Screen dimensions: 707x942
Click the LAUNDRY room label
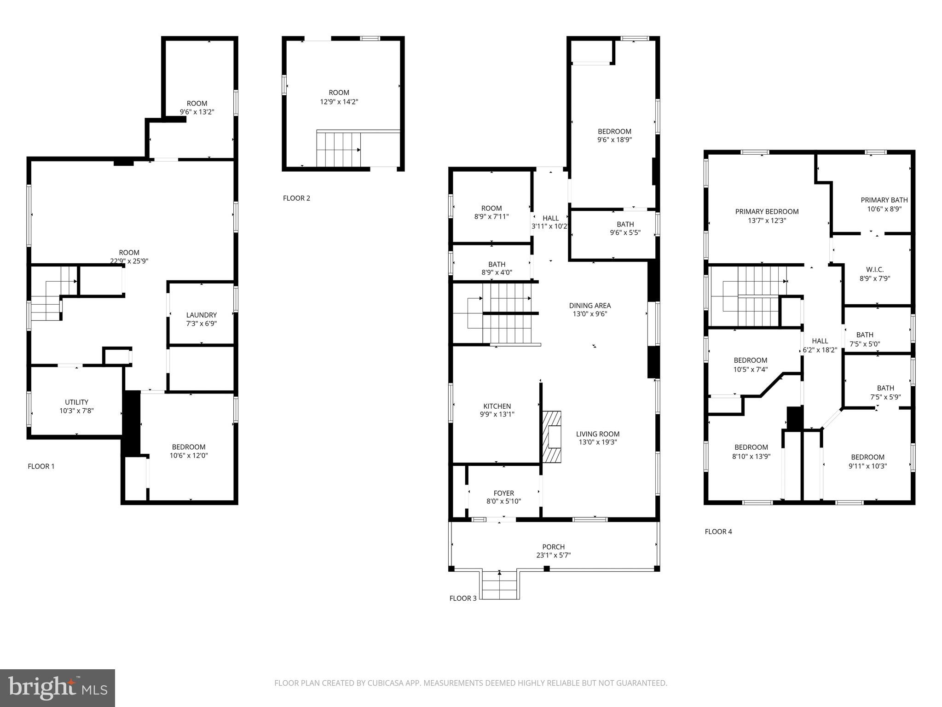point(201,315)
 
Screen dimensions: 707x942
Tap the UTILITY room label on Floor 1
point(76,402)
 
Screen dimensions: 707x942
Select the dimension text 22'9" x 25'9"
point(129,261)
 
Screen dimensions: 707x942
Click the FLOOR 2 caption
point(296,198)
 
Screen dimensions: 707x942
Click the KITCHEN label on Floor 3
point(497,406)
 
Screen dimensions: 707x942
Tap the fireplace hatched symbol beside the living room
point(552,436)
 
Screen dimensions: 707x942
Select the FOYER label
point(503,493)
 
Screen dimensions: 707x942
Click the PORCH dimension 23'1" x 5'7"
point(553,555)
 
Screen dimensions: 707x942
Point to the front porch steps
point(500,585)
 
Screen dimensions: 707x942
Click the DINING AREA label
point(589,306)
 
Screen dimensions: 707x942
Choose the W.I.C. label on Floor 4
point(874,270)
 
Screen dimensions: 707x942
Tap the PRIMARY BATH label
point(884,200)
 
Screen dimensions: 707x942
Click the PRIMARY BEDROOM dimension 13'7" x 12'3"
point(766,220)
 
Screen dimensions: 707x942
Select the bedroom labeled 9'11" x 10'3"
point(867,461)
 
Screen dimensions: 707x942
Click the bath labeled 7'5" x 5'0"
point(864,339)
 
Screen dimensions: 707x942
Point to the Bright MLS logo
point(58,688)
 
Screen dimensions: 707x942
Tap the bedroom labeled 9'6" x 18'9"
point(614,135)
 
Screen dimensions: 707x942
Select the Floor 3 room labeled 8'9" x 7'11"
point(491,212)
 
